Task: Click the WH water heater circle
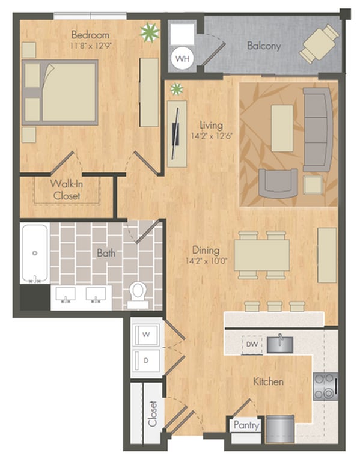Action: [x=182, y=58]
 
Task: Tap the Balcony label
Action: [x=264, y=46]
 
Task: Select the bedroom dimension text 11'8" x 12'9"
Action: [x=91, y=46]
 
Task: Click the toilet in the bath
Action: [x=138, y=294]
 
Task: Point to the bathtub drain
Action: [x=35, y=253]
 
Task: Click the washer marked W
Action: [x=146, y=335]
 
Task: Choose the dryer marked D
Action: [x=146, y=360]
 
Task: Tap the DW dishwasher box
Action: [x=252, y=344]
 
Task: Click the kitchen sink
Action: [x=279, y=344]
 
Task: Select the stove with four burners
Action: [x=325, y=386]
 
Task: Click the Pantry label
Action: [x=246, y=425]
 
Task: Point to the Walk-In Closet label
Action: [x=67, y=190]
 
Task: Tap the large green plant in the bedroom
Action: [x=150, y=32]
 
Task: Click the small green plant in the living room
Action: [x=177, y=89]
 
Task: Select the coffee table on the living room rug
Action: [x=282, y=128]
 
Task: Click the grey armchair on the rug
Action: [x=278, y=183]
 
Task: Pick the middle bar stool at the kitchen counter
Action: [x=275, y=306]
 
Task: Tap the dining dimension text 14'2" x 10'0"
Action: [x=207, y=261]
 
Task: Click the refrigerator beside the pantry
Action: [x=279, y=429]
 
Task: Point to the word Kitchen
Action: [x=268, y=381]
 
